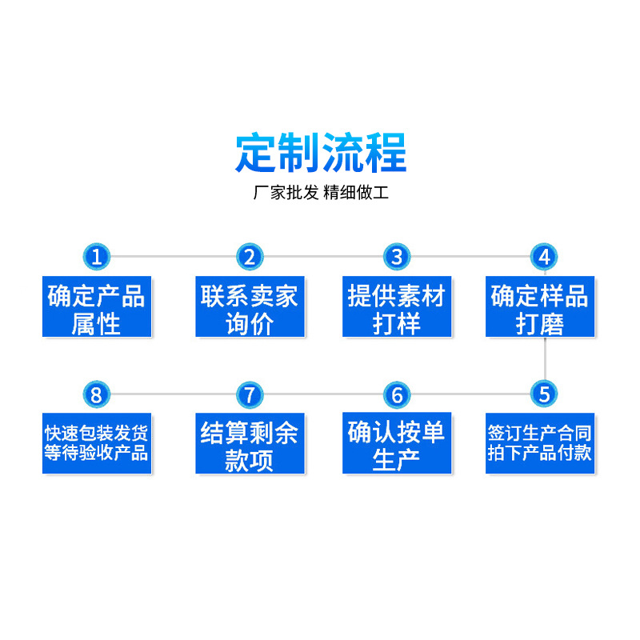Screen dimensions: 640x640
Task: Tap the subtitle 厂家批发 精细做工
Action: pos(321,194)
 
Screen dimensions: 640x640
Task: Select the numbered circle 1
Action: pos(97,257)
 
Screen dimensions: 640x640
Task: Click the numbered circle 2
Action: pos(250,257)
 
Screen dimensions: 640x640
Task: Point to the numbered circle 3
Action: pos(397,257)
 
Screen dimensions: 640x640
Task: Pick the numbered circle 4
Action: pos(544,257)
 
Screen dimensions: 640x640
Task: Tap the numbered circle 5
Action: pos(544,394)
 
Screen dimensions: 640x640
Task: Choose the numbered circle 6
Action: pos(397,394)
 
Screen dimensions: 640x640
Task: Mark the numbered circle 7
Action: pos(250,394)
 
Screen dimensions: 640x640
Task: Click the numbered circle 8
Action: pos(97,394)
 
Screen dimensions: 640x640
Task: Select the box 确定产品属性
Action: pos(97,307)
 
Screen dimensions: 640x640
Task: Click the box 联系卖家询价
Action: pos(250,307)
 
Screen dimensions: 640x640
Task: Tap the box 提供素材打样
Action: pos(397,307)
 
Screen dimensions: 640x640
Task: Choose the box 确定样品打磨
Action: pos(540,307)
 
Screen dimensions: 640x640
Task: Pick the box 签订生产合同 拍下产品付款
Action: pos(540,442)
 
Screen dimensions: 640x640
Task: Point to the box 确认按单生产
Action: pos(397,442)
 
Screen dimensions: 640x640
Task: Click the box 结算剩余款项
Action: pos(250,442)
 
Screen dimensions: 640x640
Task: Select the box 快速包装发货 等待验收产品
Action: pos(97,442)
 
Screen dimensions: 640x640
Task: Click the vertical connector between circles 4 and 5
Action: pos(545,358)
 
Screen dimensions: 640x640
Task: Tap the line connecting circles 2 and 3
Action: pos(323,257)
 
